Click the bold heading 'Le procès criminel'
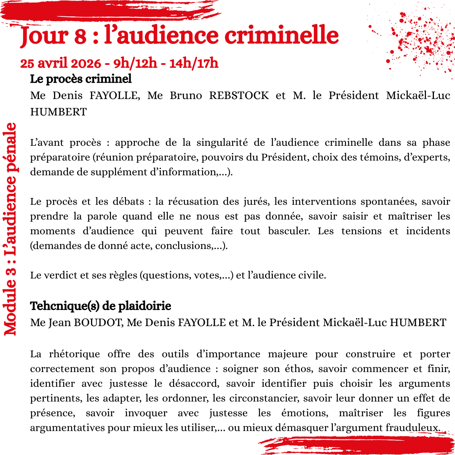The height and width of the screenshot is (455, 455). pos(81,79)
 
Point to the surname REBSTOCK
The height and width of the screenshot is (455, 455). pos(239,95)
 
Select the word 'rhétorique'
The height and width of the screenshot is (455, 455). pos(79,354)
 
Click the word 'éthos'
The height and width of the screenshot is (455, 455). pos(300,369)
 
